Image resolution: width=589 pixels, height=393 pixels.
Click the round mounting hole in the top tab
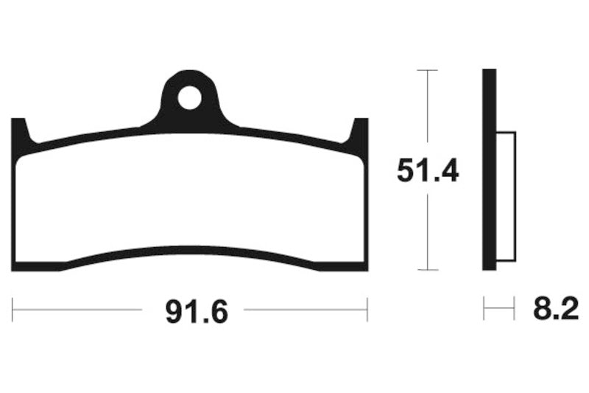point(189,98)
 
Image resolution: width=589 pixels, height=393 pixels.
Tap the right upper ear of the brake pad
point(360,133)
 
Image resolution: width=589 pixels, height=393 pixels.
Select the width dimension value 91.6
point(193,312)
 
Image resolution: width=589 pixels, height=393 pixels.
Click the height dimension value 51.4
point(428,171)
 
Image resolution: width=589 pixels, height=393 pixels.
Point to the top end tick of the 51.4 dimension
point(428,70)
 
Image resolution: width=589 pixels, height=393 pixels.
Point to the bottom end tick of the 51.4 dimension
point(428,270)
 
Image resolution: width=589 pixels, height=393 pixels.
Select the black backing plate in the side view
point(488,170)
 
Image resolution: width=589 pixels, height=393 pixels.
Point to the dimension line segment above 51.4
point(428,111)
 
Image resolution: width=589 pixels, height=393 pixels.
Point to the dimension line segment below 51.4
point(428,229)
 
